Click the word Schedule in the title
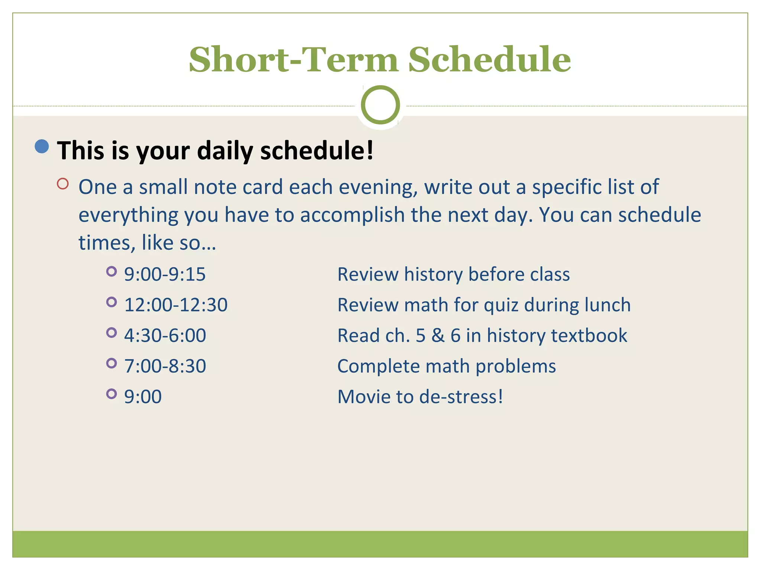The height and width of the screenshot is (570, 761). click(489, 60)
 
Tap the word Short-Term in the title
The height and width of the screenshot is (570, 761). click(294, 60)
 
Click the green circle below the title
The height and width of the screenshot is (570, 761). click(380, 105)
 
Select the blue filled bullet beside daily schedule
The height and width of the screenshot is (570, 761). click(42, 146)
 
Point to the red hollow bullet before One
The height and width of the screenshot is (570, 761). click(63, 184)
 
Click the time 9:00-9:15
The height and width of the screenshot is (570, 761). click(165, 275)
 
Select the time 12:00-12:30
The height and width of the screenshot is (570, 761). click(176, 305)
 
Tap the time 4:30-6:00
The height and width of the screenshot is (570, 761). click(165, 335)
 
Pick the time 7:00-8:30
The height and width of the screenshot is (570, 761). click(165, 366)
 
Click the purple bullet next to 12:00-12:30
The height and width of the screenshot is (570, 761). click(111, 302)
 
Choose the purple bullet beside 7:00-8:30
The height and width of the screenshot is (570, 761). click(111, 363)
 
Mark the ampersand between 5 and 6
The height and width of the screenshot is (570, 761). click(438, 335)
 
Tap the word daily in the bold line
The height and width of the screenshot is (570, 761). click(225, 151)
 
